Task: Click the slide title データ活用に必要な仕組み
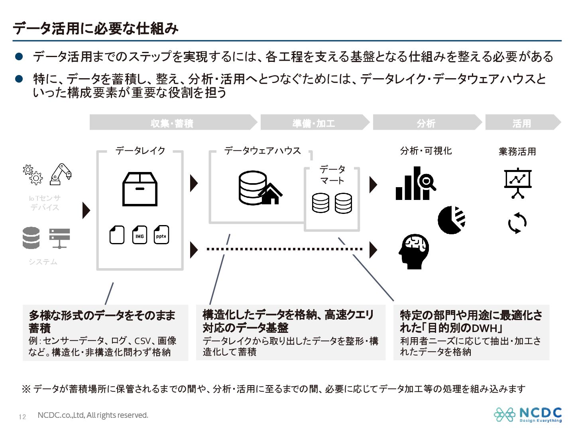point(96,28)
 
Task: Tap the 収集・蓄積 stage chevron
point(172,123)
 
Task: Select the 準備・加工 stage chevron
point(314,123)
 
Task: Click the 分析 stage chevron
point(426,123)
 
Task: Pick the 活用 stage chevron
point(521,123)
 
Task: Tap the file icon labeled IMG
point(140,235)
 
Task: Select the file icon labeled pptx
point(161,235)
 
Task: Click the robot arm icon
point(61,174)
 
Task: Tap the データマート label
point(332,175)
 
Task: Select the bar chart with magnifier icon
point(415,184)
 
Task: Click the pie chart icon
point(451,220)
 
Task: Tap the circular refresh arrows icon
point(517,223)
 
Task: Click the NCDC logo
point(528,414)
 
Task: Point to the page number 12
point(22,417)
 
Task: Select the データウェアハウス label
point(262,151)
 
